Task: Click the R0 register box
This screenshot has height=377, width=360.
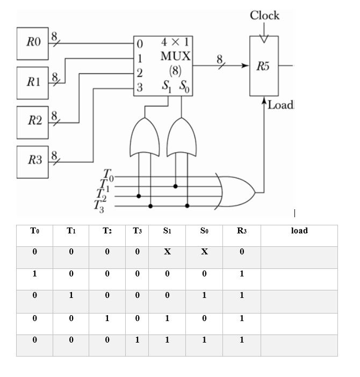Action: (33, 42)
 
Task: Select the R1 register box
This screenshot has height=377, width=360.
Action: (33, 82)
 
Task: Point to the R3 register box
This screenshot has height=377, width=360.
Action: (33, 161)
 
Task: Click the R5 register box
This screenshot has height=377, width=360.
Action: (264, 66)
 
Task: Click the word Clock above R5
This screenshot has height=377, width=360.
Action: (264, 16)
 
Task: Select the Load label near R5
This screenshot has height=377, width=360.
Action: (280, 105)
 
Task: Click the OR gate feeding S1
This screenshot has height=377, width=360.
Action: (145, 137)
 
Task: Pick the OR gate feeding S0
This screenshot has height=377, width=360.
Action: (181, 137)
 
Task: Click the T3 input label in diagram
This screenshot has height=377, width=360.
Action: (98, 205)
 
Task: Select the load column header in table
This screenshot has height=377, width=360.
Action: (299, 231)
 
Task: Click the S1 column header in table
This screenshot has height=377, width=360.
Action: (168, 231)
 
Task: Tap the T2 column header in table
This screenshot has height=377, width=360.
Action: (107, 231)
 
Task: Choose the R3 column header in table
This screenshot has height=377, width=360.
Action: (241, 231)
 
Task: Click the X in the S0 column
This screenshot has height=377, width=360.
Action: (204, 252)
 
